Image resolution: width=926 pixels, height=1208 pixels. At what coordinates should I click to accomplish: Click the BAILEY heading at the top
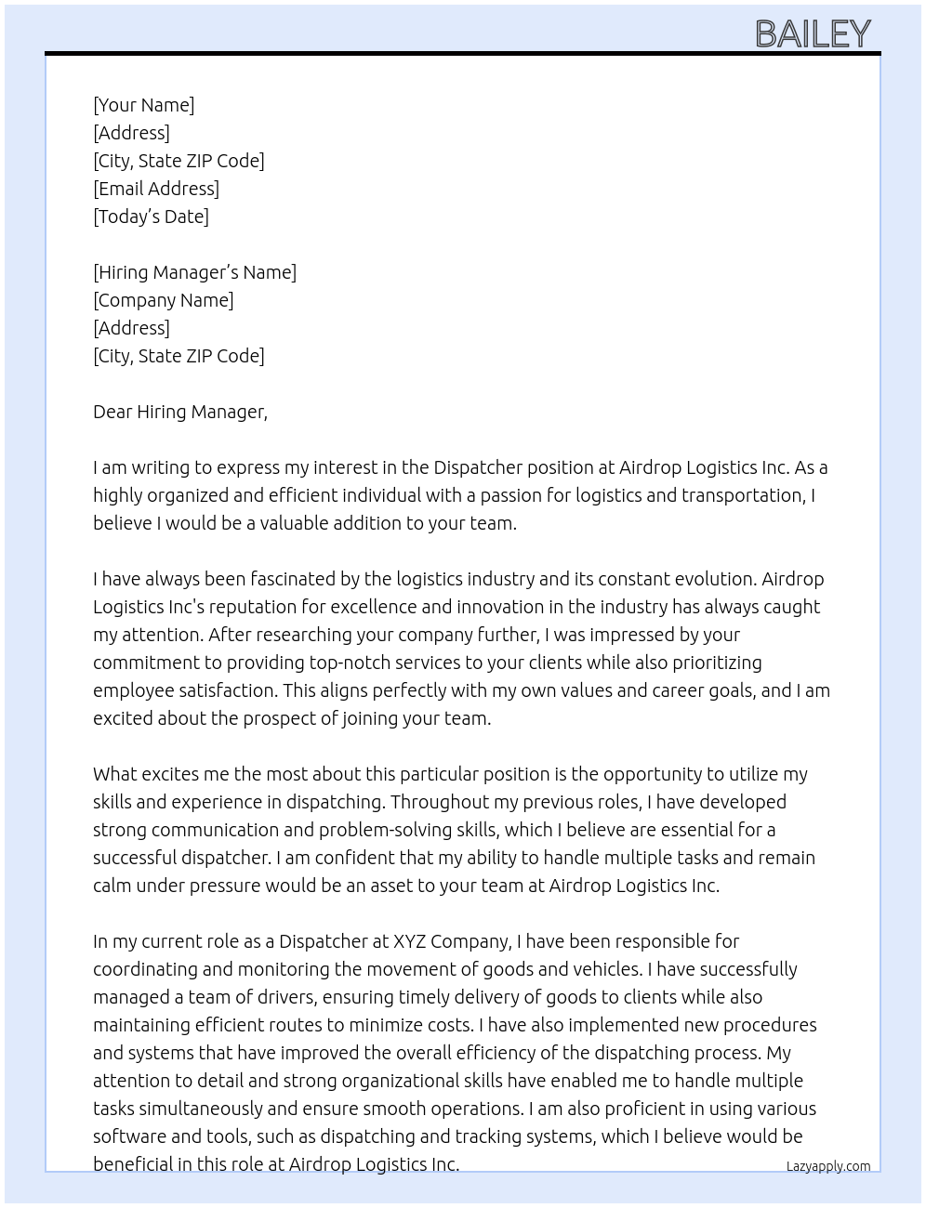(813, 34)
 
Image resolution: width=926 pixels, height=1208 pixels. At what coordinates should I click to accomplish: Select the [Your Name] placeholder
(143, 105)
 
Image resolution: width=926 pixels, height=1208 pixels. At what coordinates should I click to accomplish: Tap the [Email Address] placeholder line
(156, 189)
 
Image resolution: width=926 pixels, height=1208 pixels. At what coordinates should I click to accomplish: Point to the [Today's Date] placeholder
(151, 217)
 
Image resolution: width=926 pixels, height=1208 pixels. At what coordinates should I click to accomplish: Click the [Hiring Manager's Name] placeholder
(194, 272)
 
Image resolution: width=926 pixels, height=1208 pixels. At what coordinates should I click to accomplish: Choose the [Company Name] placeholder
(163, 300)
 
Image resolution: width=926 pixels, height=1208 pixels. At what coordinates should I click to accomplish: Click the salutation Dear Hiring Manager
(179, 412)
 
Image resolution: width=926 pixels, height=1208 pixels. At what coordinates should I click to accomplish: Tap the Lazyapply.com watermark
(827, 1166)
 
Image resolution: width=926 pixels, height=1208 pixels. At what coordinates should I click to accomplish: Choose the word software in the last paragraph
(129, 1136)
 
